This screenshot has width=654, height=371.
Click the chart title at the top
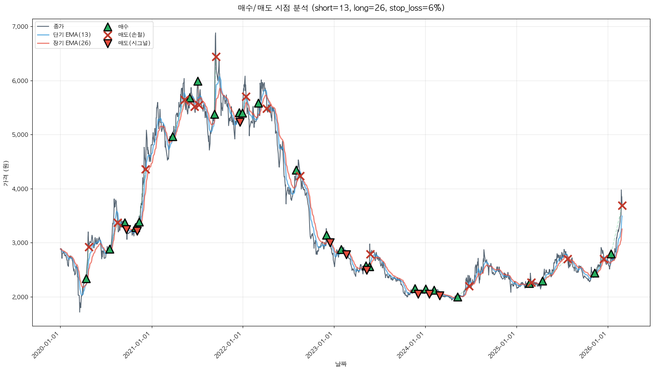(341, 8)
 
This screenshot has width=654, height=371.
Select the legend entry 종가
(58, 26)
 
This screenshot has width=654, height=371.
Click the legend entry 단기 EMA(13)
(72, 35)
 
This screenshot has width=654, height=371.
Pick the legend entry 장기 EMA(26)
(72, 43)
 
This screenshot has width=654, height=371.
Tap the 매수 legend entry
(123, 27)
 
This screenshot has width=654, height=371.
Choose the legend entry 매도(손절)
(131, 35)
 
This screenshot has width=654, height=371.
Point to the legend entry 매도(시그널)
(134, 43)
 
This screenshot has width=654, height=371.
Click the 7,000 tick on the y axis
(20, 27)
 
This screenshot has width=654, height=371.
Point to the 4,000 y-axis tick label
(20, 189)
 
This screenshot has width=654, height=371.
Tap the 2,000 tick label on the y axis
(20, 297)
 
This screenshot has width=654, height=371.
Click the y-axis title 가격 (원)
(6, 174)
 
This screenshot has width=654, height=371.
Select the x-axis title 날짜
(341, 364)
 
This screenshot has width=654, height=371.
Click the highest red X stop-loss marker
(216, 57)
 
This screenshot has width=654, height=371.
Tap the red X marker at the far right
(622, 205)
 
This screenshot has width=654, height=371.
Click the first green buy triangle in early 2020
(86, 279)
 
